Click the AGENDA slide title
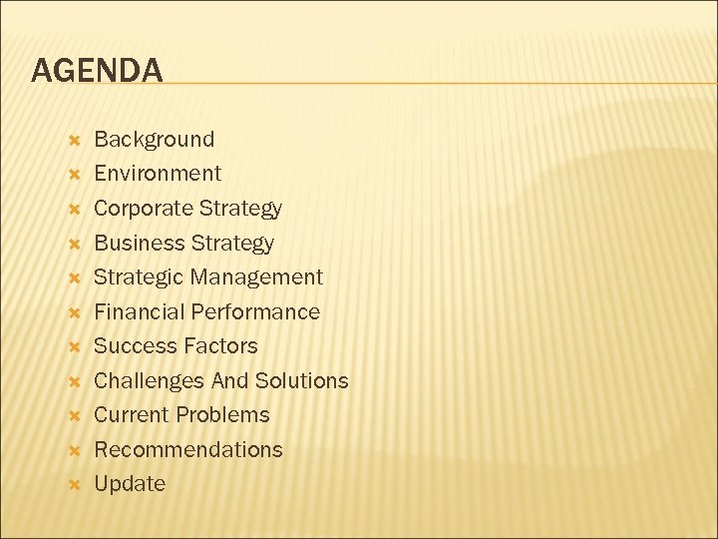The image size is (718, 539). coord(97,70)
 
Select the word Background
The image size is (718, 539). coord(154,139)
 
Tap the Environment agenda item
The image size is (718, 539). coord(158,174)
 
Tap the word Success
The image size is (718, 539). coord(133,346)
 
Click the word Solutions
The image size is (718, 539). coord(301,381)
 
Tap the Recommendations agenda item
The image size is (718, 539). coord(187,450)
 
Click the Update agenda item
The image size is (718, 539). coord(130,484)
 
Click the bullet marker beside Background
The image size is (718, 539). coord(73,140)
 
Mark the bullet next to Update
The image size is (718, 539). coord(73,485)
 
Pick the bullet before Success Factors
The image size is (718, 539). coord(73,347)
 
